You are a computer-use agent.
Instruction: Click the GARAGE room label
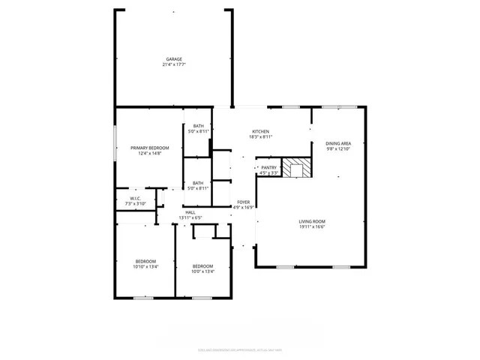point(174,59)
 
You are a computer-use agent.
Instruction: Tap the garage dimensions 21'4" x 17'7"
point(174,65)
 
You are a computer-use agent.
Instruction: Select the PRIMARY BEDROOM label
point(150,148)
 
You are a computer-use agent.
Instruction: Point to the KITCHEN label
point(260,131)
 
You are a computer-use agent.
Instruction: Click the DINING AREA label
point(338,142)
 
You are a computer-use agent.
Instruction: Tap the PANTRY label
point(268,168)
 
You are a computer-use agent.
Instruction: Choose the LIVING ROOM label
point(312,221)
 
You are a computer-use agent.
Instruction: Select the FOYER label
point(244,202)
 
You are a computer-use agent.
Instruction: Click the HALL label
point(190,212)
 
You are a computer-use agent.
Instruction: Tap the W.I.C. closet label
point(127,199)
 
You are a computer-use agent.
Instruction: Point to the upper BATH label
point(198,126)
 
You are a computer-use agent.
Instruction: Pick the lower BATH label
point(198,183)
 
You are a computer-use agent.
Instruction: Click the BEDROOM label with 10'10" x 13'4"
point(145,261)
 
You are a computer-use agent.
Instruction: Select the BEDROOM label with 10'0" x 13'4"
point(202,266)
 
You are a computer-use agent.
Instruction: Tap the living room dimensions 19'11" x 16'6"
point(312,227)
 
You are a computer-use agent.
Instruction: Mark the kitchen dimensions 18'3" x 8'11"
point(260,137)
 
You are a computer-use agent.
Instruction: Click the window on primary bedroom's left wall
point(115,143)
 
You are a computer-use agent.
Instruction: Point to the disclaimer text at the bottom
point(240,349)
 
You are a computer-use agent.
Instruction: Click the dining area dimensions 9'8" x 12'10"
point(338,148)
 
